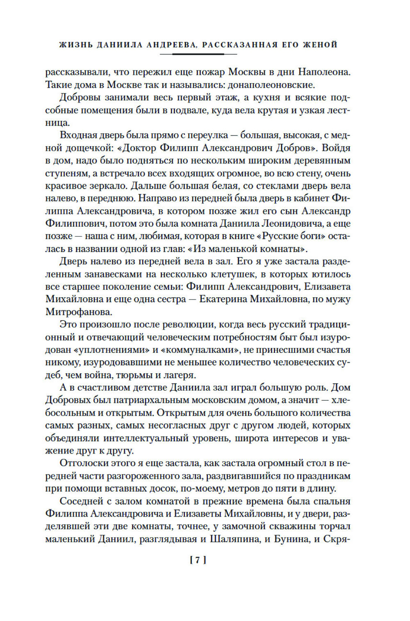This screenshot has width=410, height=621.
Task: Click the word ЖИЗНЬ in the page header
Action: (75, 45)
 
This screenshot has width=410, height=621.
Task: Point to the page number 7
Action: (198, 560)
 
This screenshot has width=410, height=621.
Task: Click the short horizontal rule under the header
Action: (198, 54)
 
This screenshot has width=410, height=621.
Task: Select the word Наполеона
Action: (324, 72)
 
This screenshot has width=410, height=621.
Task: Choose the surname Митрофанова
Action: (78, 312)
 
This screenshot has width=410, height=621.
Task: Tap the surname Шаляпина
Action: (235, 539)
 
